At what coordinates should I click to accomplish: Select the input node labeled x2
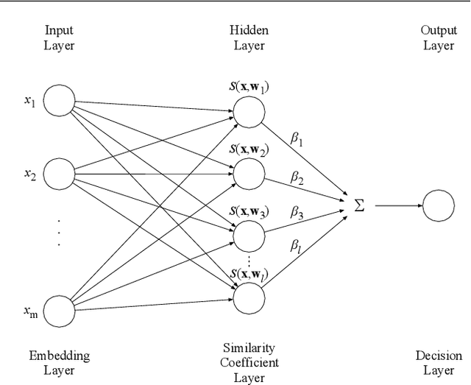pyautogui.click(x=60, y=174)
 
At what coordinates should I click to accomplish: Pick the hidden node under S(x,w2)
pyautogui.click(x=249, y=172)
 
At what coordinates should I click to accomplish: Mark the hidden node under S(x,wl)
pyautogui.click(x=249, y=296)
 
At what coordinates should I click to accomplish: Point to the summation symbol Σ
pyautogui.click(x=359, y=205)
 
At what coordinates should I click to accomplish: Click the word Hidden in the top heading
pyautogui.click(x=249, y=30)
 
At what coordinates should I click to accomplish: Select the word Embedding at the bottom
pyautogui.click(x=60, y=356)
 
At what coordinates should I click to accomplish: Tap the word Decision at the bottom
pyautogui.click(x=439, y=356)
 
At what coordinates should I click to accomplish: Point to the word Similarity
pyautogui.click(x=249, y=347)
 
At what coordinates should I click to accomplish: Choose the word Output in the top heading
pyautogui.click(x=439, y=30)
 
